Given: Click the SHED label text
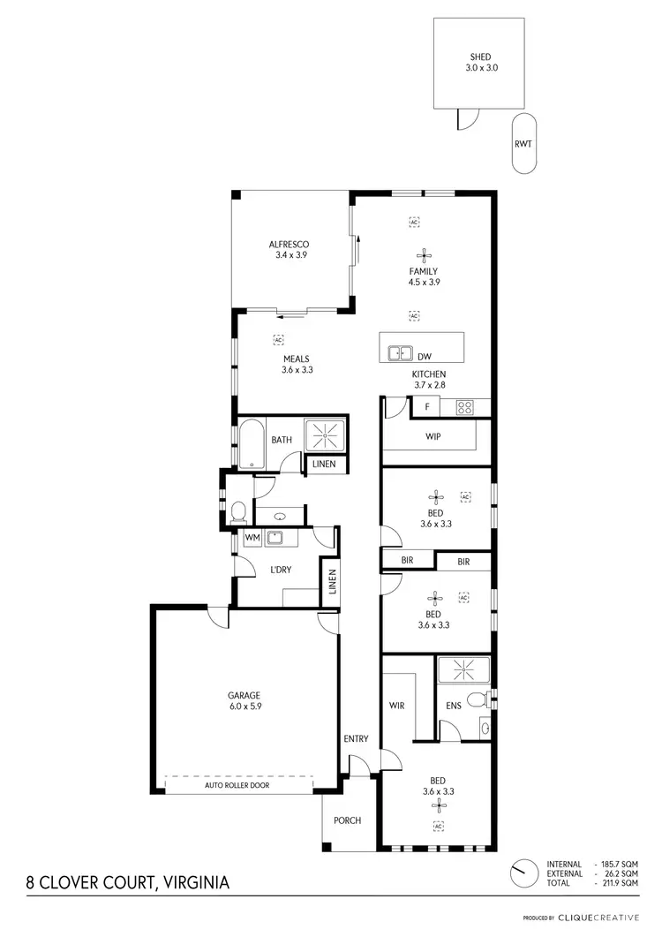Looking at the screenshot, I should [x=479, y=57].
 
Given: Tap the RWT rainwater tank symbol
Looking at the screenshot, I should [x=523, y=143].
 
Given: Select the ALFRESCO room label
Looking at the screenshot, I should [x=289, y=244].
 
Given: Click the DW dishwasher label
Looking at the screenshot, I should [x=425, y=356].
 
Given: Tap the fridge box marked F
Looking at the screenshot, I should [x=427, y=407].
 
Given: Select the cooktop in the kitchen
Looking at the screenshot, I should [x=465, y=407].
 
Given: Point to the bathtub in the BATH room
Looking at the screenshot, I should [x=250, y=443].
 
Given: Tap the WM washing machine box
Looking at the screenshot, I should [x=251, y=537].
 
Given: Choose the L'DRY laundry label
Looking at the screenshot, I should [x=280, y=570].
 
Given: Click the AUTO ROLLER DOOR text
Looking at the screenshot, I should [x=237, y=784].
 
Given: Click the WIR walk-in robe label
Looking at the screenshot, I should [x=397, y=706].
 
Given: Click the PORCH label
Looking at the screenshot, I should [x=347, y=820].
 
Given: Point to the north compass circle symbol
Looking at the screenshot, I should [x=523, y=873].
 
